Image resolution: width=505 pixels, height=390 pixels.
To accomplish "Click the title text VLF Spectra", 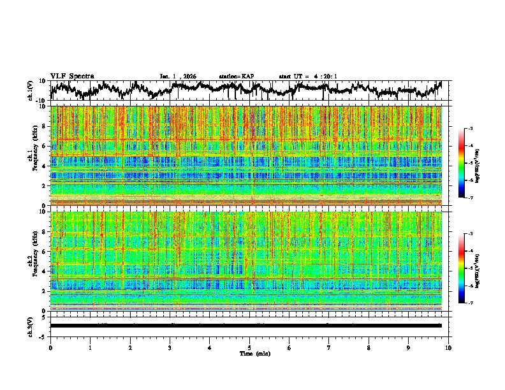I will [71, 76].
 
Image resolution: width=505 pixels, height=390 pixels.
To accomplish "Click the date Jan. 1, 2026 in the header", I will [178, 76].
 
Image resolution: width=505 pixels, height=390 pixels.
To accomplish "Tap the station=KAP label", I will [237, 76].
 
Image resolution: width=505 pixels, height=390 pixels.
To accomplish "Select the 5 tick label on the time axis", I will [249, 347].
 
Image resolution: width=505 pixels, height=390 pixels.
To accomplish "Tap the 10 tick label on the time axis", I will [448, 347].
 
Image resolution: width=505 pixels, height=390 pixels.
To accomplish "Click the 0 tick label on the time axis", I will [50, 347].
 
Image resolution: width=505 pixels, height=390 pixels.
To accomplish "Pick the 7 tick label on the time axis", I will [329, 347].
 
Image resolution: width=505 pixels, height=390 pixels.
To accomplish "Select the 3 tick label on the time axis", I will [170, 347].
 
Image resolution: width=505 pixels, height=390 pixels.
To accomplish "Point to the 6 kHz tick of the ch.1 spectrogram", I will [45, 146].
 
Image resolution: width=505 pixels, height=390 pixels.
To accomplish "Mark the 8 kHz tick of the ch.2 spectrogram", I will [45, 231].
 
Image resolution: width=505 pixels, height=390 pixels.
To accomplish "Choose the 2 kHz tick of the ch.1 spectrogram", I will [45, 186].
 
